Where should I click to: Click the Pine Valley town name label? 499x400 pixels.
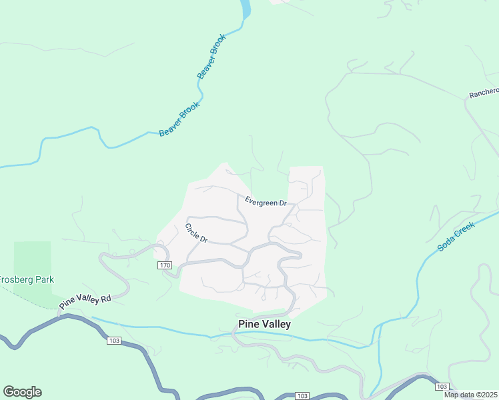click(x=264, y=324)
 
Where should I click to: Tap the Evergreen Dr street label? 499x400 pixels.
click(x=266, y=201)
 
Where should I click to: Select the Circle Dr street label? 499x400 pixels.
click(x=196, y=233)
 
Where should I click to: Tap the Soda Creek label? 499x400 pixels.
click(x=456, y=237)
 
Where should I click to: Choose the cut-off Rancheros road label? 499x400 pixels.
click(x=484, y=93)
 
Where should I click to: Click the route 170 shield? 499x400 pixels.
click(x=165, y=265)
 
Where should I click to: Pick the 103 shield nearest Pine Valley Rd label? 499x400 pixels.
click(x=113, y=341)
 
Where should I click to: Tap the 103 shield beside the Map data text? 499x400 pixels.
click(x=441, y=387)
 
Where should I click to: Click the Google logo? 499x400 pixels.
click(x=22, y=392)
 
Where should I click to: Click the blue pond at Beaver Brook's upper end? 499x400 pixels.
click(x=245, y=9)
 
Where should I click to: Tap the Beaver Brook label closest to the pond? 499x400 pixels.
click(x=212, y=57)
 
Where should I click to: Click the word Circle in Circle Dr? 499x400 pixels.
click(x=192, y=229)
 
